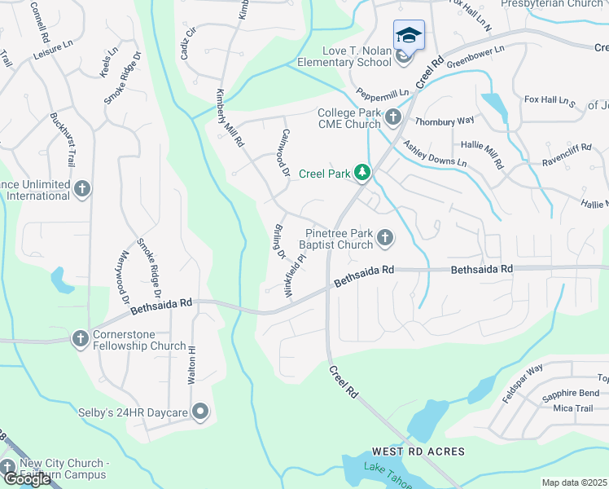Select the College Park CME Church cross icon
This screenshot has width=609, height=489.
[393, 118]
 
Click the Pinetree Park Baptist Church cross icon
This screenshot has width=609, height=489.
[385, 238]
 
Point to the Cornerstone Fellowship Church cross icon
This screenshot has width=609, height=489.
[80, 338]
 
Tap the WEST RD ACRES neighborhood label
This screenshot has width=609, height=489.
[418, 452]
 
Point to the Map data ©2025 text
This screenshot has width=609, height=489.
[575, 482]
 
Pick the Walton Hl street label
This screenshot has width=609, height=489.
[192, 364]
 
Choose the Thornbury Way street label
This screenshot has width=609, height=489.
[445, 121]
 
